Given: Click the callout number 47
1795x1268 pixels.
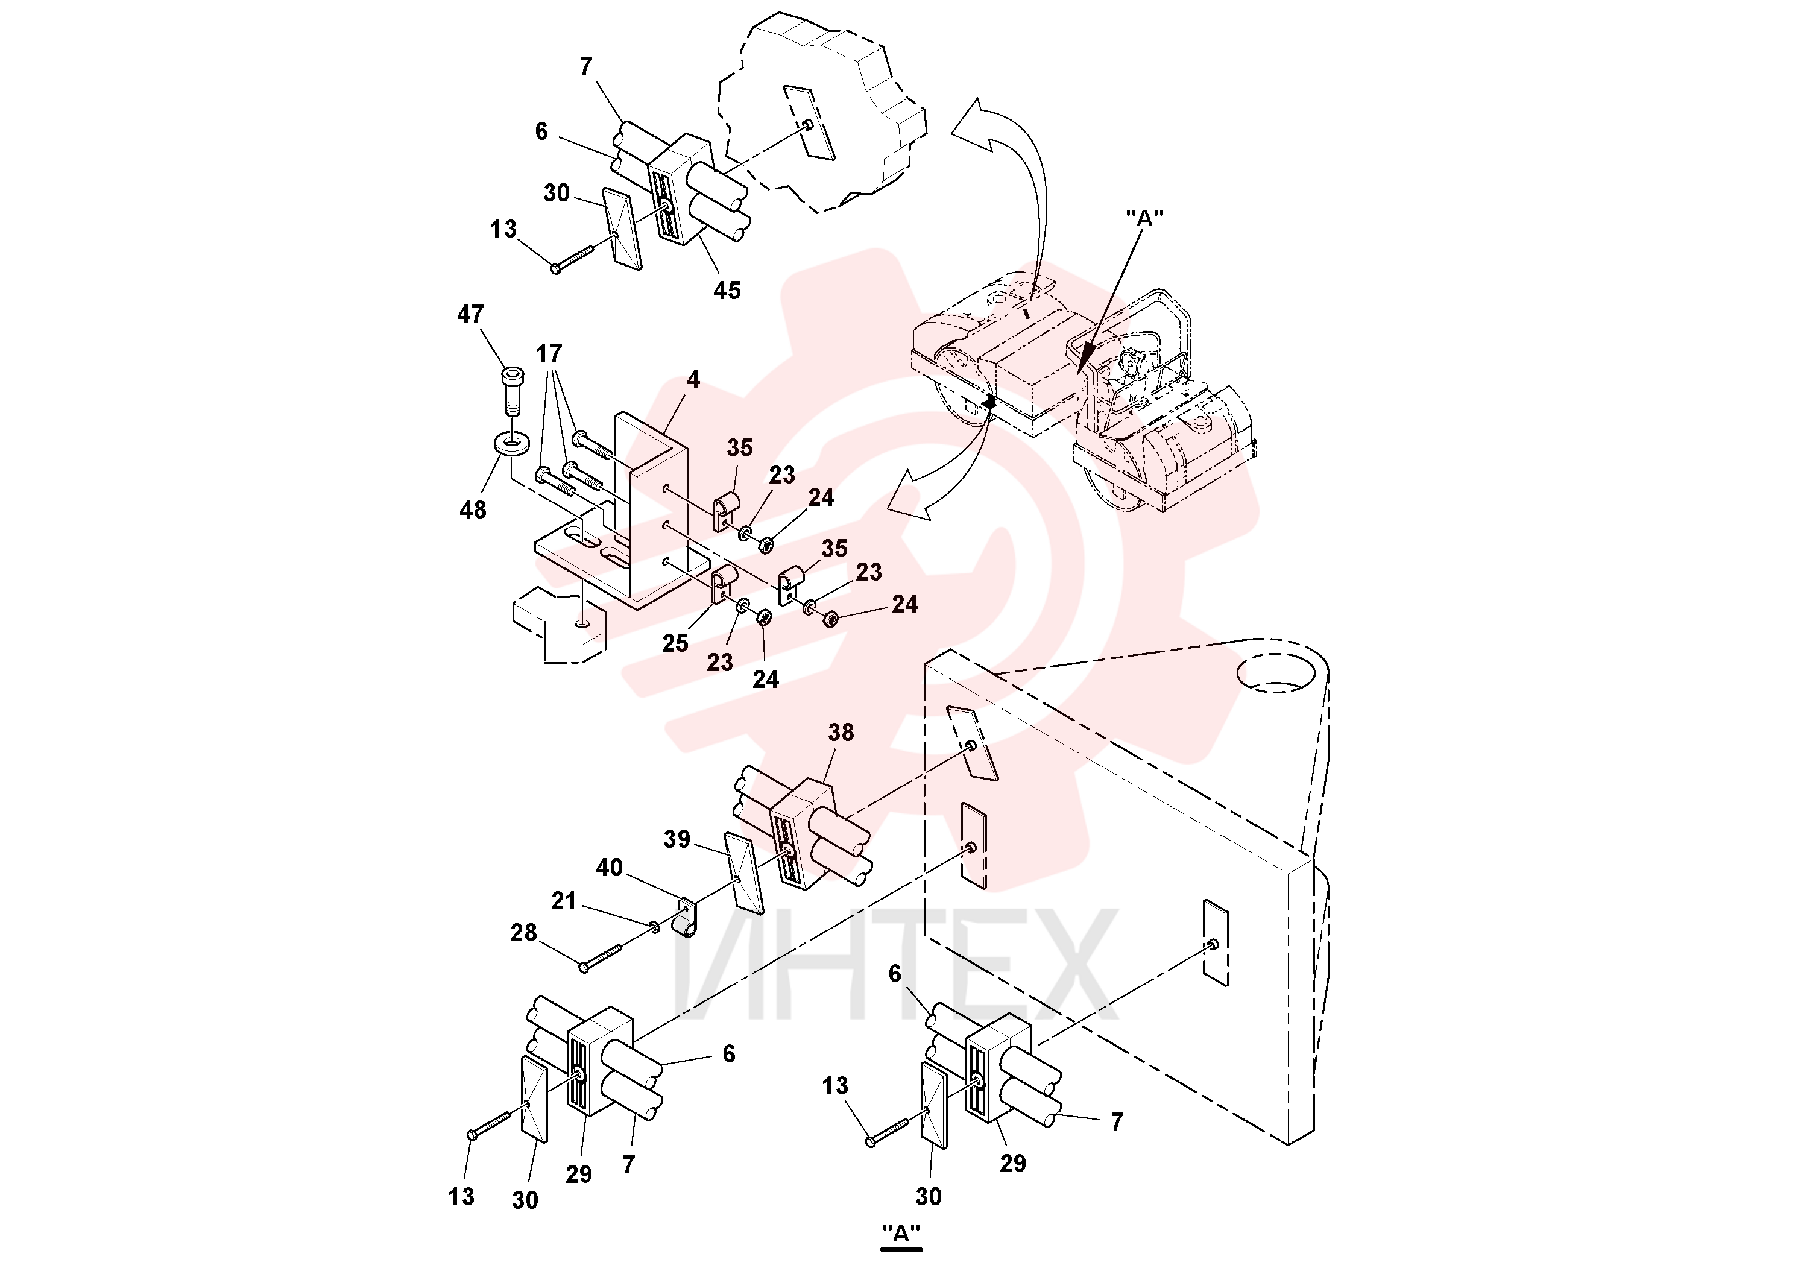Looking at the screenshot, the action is pos(471,314).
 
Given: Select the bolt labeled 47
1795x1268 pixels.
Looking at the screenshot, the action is pos(511,392).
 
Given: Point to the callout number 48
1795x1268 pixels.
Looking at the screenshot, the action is pos(473,509).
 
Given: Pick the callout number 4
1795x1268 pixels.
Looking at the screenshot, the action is pos(693,380).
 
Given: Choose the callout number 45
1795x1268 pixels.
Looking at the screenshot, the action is pos(727,291).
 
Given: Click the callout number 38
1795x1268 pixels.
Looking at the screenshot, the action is pos(841,733).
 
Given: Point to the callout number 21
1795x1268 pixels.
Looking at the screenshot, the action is pos(564,901).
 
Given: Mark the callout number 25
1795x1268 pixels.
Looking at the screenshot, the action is pos(675,643).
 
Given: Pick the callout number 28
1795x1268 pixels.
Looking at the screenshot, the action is pos(524,933).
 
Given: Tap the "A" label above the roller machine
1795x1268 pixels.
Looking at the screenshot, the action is pos(1144,219).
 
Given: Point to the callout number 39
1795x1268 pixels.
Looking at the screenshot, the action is pos(677,839).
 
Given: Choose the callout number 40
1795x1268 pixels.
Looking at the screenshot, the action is pos(610,868).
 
